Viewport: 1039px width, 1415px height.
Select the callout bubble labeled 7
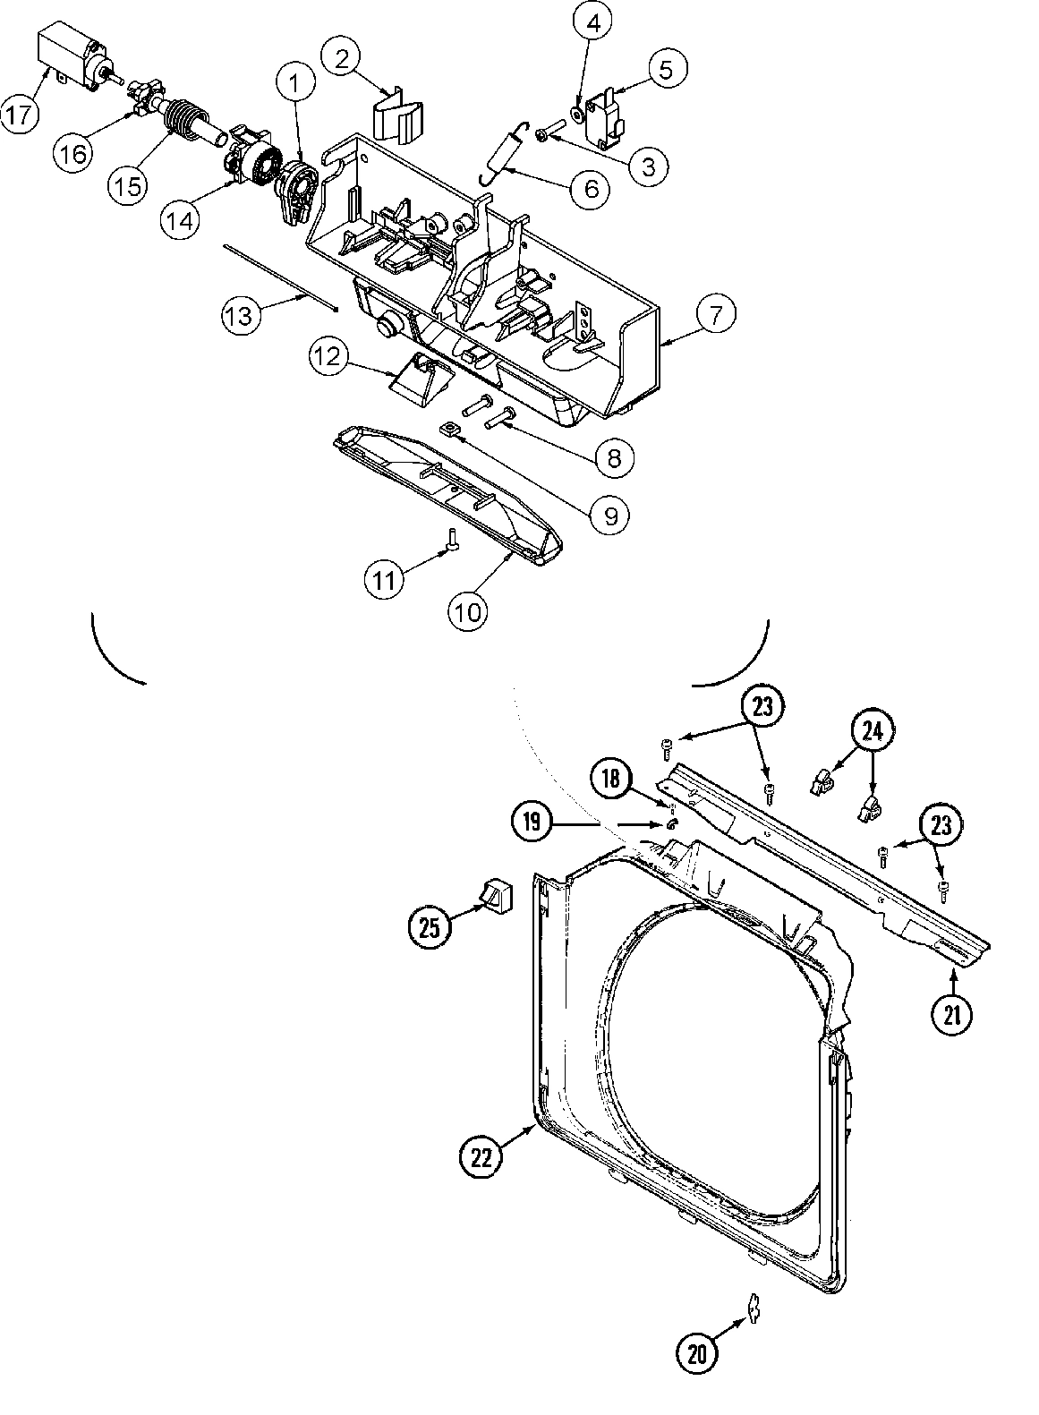point(712,315)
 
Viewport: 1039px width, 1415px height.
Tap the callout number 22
point(482,1157)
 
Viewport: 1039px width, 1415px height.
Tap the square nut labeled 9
point(451,432)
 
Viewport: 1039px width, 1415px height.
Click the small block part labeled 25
point(493,892)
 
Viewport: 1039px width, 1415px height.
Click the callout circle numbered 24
point(872,731)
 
